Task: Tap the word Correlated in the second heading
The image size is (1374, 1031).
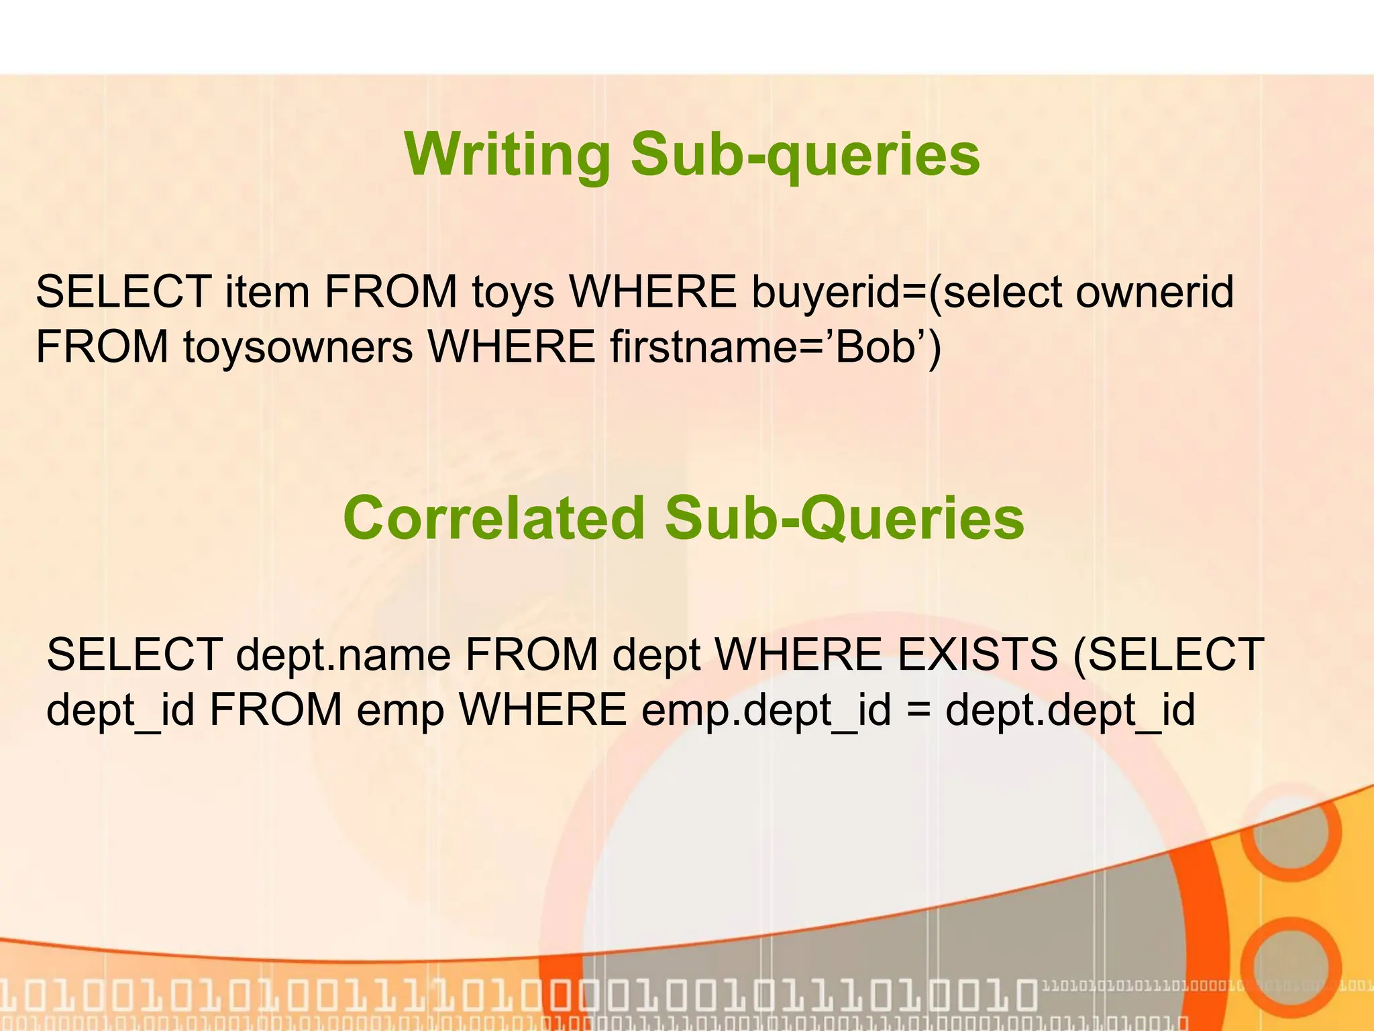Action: [494, 518]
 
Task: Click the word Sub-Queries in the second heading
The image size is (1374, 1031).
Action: [845, 518]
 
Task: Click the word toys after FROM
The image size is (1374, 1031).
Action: [513, 293]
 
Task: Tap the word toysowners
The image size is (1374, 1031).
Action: [298, 348]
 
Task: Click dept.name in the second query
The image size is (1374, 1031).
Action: [343, 655]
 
